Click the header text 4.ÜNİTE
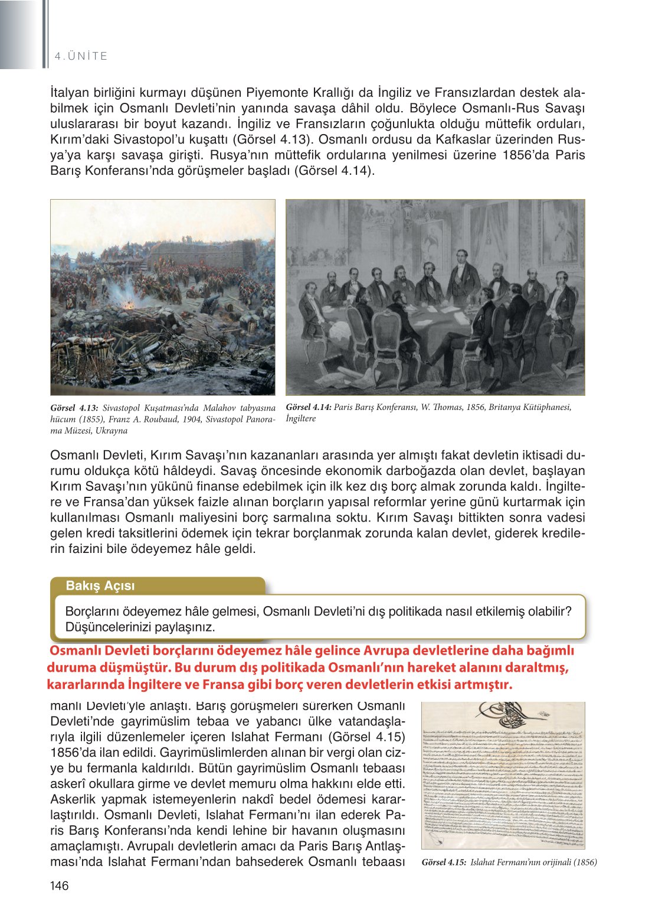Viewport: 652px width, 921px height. (81, 56)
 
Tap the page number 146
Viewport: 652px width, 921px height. (60, 885)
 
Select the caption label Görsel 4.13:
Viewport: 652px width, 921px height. (74, 408)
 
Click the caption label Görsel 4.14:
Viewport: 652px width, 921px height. (309, 407)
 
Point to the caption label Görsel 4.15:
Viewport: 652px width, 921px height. (444, 862)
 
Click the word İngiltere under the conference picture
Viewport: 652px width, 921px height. (301, 418)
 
